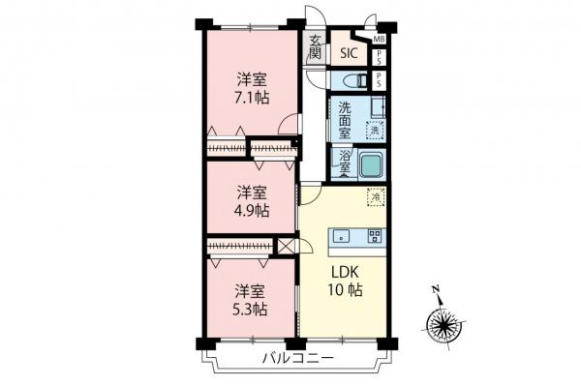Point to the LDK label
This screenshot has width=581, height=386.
click(x=348, y=272)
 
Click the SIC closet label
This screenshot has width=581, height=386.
click(x=350, y=54)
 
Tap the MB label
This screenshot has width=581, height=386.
click(x=379, y=40)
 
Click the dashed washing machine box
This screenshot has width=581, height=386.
click(x=374, y=129)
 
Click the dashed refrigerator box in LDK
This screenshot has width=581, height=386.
click(x=375, y=197)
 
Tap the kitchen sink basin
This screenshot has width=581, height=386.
click(x=342, y=235)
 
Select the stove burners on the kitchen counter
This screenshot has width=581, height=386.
click(x=374, y=235)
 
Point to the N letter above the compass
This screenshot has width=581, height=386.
click(x=437, y=289)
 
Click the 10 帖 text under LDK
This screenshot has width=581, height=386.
click(x=348, y=290)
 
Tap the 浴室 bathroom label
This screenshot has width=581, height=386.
click(x=345, y=161)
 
